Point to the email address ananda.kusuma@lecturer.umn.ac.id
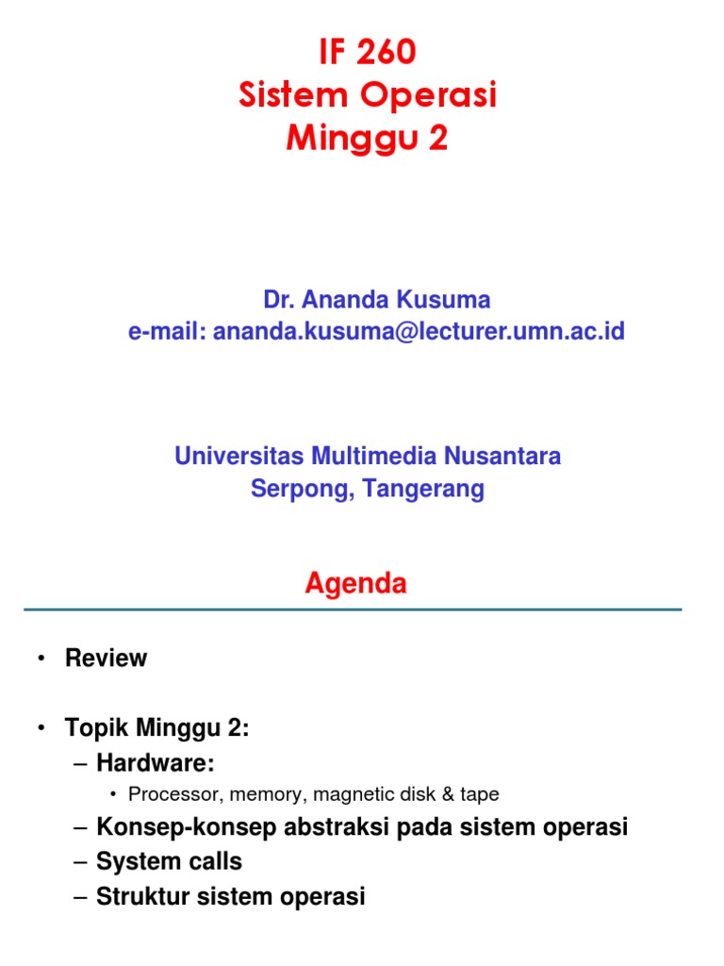coord(419,331)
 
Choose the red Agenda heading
coord(355,584)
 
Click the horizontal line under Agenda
coord(353,609)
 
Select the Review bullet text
coord(106,658)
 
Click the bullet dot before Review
coord(42,659)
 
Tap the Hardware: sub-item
coord(161,762)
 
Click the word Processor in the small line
coord(165,794)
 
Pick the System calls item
coord(169,861)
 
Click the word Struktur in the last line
coord(140,895)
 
